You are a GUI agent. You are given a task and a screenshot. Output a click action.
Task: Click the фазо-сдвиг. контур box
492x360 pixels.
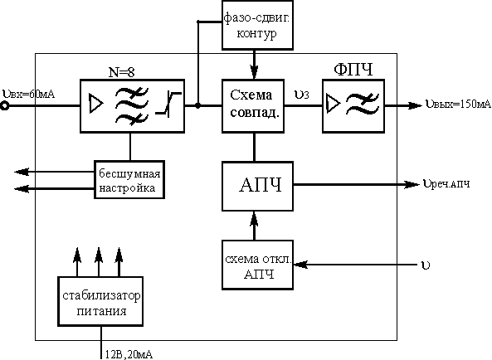click(257, 25)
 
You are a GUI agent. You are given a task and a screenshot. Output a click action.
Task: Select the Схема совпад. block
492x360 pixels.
click(253, 105)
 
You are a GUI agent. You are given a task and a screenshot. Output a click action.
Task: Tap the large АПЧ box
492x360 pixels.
click(257, 186)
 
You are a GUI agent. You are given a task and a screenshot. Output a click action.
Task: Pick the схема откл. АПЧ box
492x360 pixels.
click(257, 265)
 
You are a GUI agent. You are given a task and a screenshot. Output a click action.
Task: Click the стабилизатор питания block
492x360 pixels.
click(100, 301)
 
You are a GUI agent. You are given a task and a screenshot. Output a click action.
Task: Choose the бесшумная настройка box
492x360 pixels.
click(129, 180)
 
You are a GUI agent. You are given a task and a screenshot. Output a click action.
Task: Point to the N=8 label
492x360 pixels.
click(121, 72)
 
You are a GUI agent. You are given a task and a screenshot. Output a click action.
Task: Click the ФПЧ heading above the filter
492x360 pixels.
click(353, 70)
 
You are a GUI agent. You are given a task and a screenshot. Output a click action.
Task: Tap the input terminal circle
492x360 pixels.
click(4, 106)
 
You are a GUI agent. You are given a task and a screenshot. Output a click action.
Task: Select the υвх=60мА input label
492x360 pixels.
click(28, 94)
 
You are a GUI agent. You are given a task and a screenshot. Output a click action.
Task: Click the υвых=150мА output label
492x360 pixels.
click(458, 104)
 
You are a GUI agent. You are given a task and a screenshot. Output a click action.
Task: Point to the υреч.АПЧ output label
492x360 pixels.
click(446, 184)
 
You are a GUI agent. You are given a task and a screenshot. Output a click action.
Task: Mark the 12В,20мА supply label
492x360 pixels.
click(129, 354)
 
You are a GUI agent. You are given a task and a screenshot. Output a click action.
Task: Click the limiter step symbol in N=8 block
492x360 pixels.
click(168, 104)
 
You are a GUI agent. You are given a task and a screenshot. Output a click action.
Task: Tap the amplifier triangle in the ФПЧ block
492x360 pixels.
click(334, 103)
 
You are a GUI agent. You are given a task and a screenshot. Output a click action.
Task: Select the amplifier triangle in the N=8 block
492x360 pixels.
click(96, 104)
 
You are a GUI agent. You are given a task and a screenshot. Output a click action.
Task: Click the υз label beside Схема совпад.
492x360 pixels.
click(301, 95)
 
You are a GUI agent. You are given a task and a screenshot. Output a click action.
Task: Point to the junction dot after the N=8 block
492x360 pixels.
click(197, 105)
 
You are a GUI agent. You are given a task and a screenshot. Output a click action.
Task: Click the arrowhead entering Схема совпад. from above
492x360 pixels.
click(254, 71)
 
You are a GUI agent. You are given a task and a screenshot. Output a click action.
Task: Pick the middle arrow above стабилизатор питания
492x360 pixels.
click(99, 262)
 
